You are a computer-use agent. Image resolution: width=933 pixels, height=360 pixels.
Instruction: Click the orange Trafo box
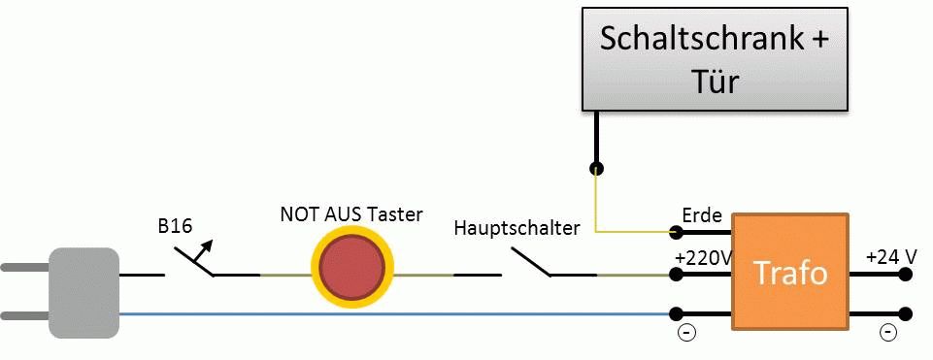[789, 272]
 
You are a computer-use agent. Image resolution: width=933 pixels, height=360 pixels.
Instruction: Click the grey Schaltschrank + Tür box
[714, 58]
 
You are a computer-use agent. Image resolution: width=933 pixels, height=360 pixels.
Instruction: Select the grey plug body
[83, 293]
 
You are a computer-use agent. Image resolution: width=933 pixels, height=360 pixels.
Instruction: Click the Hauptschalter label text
[516, 228]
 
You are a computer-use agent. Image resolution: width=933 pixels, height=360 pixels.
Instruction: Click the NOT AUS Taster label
[351, 213]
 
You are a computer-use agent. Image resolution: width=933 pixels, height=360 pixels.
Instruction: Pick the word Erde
[702, 214]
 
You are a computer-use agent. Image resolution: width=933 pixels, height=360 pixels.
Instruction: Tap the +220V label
[703, 258]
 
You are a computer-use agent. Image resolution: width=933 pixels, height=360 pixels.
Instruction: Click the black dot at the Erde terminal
[676, 231]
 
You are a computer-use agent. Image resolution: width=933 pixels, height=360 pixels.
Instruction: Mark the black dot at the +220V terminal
[676, 275]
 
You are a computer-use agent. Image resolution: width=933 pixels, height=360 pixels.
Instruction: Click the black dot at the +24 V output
[905, 275]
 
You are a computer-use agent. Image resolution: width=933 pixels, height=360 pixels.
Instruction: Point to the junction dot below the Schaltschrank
[596, 169]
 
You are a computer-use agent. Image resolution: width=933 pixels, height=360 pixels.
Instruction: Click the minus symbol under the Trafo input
[686, 332]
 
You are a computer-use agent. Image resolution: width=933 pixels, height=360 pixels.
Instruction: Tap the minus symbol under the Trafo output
[887, 332]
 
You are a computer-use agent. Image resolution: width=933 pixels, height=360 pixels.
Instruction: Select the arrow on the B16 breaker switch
[201, 251]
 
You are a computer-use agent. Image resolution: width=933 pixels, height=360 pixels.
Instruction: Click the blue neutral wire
[394, 314]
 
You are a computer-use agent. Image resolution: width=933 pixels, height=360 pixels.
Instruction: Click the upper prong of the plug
[25, 268]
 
